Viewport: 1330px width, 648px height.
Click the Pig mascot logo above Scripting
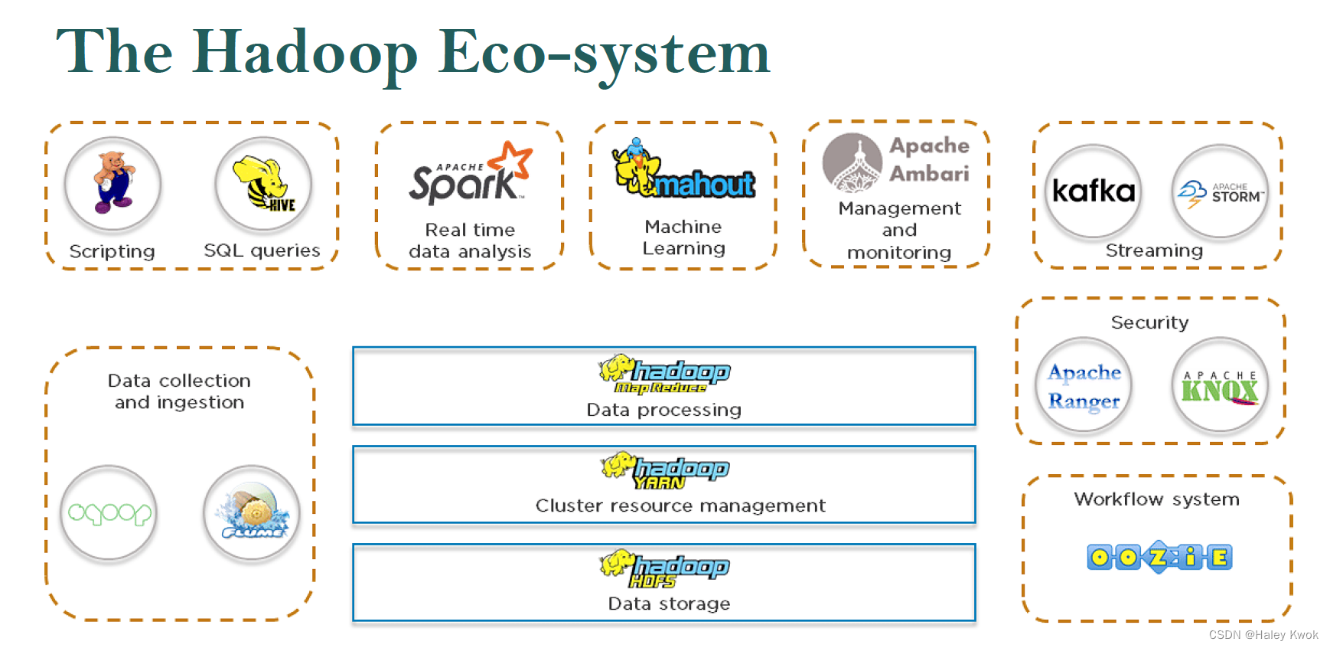[x=112, y=184]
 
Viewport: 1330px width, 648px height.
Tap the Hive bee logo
[x=263, y=184]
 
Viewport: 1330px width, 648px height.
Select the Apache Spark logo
[x=469, y=175]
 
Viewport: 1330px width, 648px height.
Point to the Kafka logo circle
[x=1094, y=191]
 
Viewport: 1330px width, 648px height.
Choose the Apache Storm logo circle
[x=1221, y=192]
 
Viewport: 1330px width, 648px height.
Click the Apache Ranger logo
[x=1084, y=385]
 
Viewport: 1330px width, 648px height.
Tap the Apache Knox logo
[x=1220, y=385]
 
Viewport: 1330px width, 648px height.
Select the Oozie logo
[x=1159, y=557]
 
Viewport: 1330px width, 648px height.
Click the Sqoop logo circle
[x=109, y=513]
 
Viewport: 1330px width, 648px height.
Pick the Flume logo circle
[x=252, y=513]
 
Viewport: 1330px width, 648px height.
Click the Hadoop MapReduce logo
[x=664, y=374]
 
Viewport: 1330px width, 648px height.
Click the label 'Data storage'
[x=669, y=604]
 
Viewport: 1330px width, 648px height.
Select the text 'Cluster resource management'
[x=680, y=506]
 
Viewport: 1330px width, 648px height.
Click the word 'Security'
[x=1149, y=322]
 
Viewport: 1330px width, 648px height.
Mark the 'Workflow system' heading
[x=1156, y=499]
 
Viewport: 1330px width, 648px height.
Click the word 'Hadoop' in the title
[x=305, y=54]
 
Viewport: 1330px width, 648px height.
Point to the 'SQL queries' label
[x=262, y=250]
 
